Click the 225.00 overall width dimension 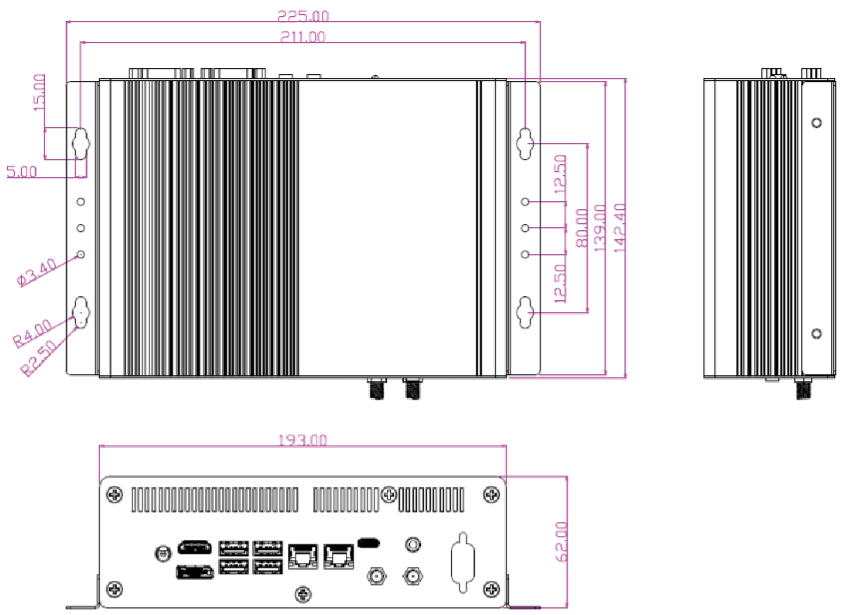[x=303, y=16]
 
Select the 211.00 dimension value [x=303, y=36]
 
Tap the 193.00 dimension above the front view [x=303, y=441]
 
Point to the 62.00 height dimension [x=562, y=541]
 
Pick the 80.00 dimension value [x=582, y=228]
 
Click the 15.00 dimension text [x=40, y=92]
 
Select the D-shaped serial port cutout [x=463, y=562]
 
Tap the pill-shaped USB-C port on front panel [x=368, y=542]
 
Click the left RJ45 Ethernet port [x=303, y=556]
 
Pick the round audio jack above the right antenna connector [x=412, y=544]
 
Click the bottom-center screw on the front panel [x=303, y=594]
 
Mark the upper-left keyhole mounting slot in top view [x=81, y=144]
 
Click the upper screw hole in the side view [x=816, y=123]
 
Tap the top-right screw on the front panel [x=491, y=495]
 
